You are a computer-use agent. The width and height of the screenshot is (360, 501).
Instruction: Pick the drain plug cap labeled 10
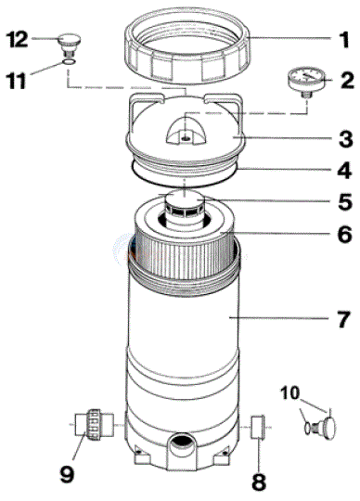(326, 427)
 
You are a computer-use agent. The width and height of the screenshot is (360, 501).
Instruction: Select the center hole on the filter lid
(186, 135)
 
